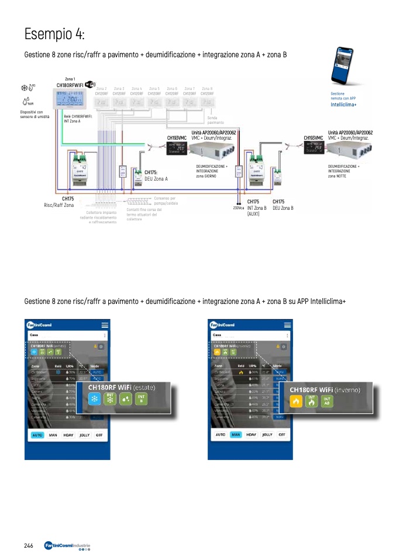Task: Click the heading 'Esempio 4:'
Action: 54,33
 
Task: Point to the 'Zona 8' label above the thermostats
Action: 206,88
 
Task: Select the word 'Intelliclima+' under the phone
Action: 343,104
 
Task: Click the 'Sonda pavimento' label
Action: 215,120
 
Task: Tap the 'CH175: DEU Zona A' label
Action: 156,175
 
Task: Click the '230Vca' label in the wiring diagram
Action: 238,208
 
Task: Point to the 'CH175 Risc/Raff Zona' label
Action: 60,202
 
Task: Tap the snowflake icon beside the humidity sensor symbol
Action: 26,88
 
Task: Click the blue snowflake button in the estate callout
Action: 93,399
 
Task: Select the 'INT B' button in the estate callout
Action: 141,399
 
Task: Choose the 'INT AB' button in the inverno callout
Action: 328,401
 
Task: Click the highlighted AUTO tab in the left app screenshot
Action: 37,435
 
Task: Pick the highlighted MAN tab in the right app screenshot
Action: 236,435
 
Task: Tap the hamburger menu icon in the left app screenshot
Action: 105,325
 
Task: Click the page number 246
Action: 28,545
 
